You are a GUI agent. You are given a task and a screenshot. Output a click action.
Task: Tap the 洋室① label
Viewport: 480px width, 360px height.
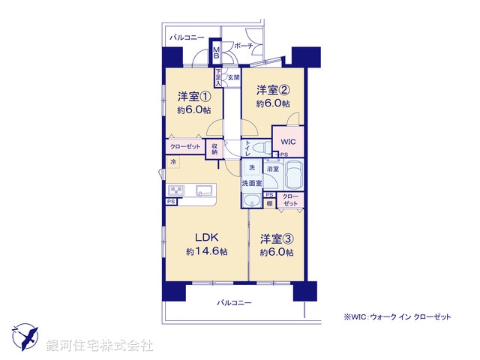coord(194,97)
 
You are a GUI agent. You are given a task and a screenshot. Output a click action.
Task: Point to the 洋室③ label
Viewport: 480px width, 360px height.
coord(277,239)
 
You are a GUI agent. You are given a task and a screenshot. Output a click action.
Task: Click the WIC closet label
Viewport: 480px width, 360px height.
coord(289,142)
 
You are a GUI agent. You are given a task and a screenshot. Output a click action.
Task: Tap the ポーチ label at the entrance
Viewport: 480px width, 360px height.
coord(243,46)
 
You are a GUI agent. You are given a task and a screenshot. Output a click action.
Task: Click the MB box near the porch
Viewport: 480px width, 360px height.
coord(216,53)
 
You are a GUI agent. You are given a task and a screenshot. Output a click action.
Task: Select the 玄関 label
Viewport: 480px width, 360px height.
coord(232,77)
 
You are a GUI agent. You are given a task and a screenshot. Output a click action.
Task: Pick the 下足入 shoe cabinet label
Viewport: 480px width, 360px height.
coord(218,77)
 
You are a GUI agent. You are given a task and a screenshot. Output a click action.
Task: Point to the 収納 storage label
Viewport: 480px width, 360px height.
coord(214,149)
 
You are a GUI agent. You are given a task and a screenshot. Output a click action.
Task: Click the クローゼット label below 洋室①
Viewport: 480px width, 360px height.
coord(184,148)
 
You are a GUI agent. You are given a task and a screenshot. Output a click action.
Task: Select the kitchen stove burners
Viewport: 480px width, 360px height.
coord(177,189)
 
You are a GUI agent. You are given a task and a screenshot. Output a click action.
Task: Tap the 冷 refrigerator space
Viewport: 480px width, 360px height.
coord(173,162)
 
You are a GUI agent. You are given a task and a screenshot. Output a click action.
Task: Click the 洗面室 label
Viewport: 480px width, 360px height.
coord(251,183)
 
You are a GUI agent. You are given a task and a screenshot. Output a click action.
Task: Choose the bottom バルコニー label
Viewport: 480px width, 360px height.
coord(234,303)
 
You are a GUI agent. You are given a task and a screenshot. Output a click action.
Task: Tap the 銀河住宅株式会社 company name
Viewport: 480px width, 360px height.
coord(100,345)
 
